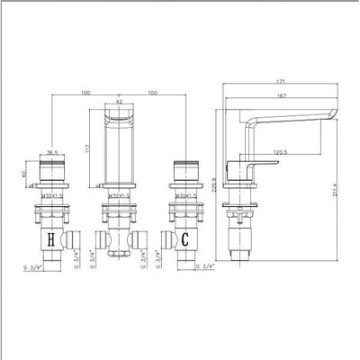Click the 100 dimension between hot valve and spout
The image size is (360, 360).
coord(84,92)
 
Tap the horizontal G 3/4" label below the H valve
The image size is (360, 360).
coord(33,266)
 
